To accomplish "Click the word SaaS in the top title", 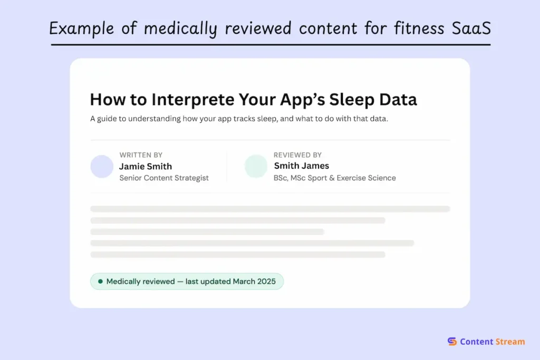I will (471, 28).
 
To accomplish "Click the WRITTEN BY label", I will (141, 155).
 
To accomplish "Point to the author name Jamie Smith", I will (146, 166).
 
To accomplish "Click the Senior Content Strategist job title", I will (164, 178).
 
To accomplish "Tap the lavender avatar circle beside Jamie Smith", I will (102, 167).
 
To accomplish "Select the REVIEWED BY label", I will (297, 155).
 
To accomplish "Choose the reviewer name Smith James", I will (301, 166).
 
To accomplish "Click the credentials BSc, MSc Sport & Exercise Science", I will (334, 178).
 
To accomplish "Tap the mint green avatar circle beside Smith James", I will (256, 167).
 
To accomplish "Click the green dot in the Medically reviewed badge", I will (100, 281).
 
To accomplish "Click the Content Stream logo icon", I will (452, 342).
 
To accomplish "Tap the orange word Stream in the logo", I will (509, 342).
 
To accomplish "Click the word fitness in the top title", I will (412, 28).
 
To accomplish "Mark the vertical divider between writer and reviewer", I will (227, 167).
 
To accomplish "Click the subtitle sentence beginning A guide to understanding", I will (239, 119).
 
